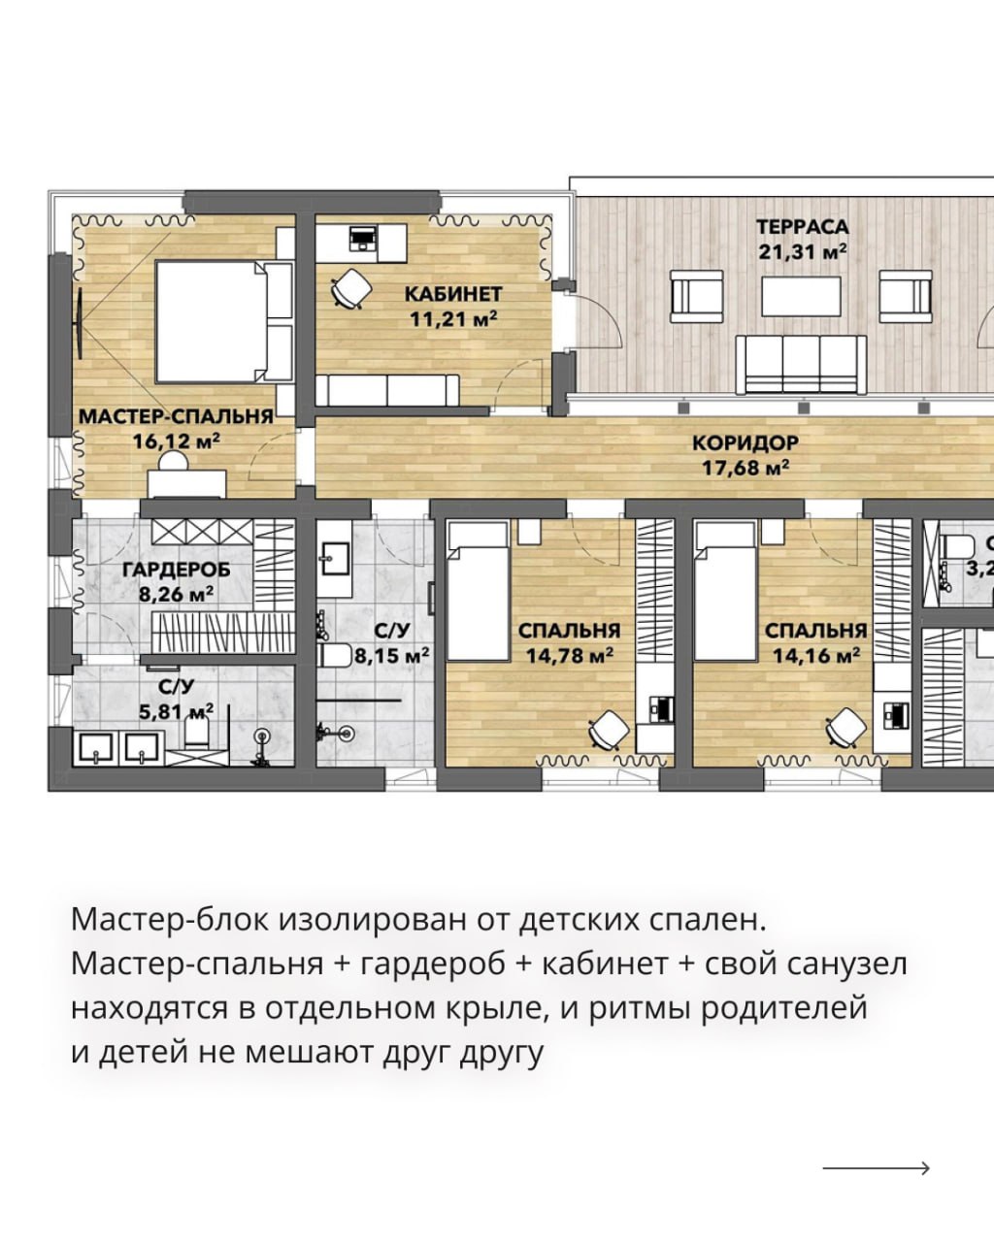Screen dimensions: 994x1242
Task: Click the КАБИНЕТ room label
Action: tap(452, 294)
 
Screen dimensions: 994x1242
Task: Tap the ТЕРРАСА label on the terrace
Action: tap(802, 227)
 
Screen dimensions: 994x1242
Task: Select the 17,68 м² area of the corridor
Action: tap(745, 468)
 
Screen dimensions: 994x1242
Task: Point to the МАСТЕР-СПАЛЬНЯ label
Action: tap(176, 416)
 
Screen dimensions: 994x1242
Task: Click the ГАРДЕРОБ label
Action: tap(176, 570)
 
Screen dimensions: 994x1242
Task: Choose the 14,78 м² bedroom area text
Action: tap(569, 656)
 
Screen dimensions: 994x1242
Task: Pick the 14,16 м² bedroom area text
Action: tap(816, 656)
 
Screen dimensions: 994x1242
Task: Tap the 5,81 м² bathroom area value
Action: tap(176, 711)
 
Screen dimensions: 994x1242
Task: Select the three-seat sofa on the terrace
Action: tap(801, 365)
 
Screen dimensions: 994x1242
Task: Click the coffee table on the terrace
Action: tap(801, 297)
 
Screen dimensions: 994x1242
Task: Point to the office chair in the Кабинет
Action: tap(350, 287)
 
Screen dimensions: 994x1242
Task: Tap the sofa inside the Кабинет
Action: tap(387, 390)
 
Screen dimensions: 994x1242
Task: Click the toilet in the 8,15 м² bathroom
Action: tap(335, 655)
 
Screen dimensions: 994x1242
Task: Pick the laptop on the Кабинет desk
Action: tap(363, 238)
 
